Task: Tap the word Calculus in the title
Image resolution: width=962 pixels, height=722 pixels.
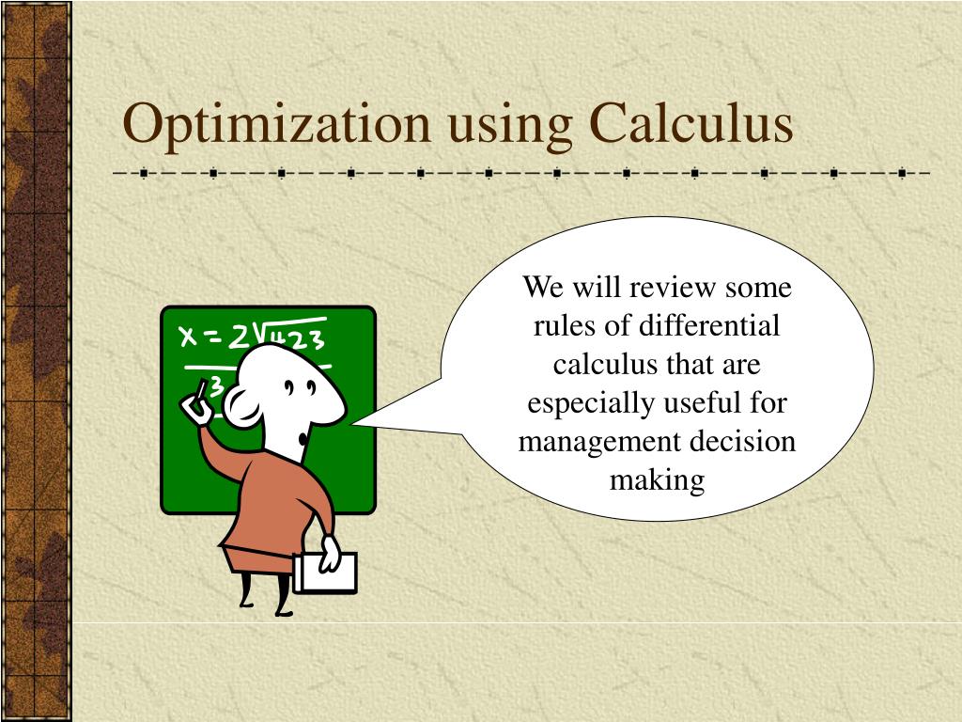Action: [x=690, y=124]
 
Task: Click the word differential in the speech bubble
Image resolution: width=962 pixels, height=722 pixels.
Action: [x=710, y=326]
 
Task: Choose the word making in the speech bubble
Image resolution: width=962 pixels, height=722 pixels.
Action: [x=657, y=480]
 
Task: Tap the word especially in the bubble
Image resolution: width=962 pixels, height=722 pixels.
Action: [x=591, y=403]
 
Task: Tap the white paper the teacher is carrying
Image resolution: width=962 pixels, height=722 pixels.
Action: [x=326, y=572]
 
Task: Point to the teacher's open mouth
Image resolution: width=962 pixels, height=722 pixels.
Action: [x=301, y=437]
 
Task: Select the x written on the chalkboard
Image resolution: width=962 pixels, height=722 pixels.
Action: [x=188, y=336]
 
